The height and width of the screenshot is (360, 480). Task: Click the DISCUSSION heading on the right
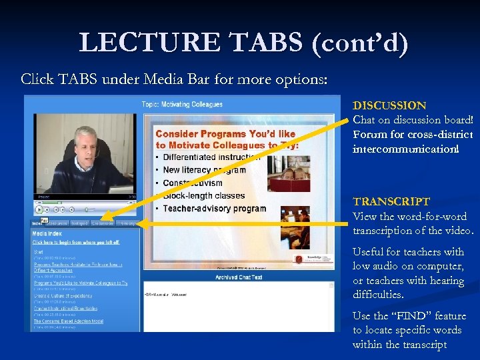pyautogui.click(x=389, y=105)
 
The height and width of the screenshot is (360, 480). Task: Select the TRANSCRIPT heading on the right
pyautogui.click(x=391, y=201)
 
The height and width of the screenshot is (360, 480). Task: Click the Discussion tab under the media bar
pyautogui.click(x=103, y=223)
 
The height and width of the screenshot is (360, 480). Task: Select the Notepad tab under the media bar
pyautogui.click(x=80, y=223)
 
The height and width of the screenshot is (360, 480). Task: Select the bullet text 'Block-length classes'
pyautogui.click(x=204, y=196)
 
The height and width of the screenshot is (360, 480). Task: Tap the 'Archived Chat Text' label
pyautogui.click(x=238, y=277)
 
